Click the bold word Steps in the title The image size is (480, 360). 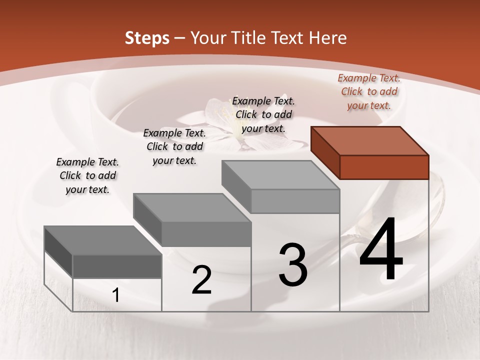tap(147, 38)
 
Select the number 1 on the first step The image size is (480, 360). tap(115, 295)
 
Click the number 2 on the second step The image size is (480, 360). tap(201, 279)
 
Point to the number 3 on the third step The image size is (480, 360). tap(292, 264)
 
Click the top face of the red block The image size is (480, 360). tap(369, 141)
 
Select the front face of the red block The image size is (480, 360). tap(384, 167)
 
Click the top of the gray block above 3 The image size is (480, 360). tap(280, 175)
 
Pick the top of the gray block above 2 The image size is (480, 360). tap(191, 207)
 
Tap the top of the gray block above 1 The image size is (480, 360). tap(102, 240)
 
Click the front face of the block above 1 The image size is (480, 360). tap(117, 266)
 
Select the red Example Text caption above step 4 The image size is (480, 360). tap(369, 91)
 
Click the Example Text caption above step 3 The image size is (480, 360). tap(263, 114)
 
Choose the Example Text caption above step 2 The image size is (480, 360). tap(174, 146)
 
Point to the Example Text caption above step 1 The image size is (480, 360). tap(87, 175)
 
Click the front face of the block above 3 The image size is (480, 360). tap(295, 201)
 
